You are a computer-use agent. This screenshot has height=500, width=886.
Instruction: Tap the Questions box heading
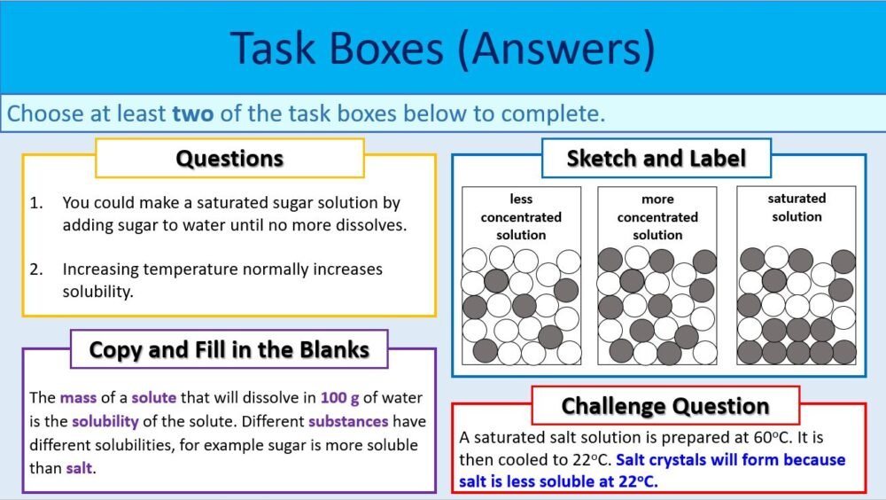[229, 159]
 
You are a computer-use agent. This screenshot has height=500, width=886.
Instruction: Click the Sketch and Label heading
[657, 159]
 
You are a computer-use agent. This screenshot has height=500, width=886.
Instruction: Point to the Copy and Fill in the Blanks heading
[229, 349]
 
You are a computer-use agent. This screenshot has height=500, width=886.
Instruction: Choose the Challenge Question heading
[665, 406]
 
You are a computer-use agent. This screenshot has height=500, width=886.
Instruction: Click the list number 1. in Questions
[35, 203]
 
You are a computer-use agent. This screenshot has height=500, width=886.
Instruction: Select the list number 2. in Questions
[35, 269]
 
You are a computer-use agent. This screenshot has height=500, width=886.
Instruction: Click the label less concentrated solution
[521, 217]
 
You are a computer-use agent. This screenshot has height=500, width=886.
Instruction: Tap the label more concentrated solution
[657, 217]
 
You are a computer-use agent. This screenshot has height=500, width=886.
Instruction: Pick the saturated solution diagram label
[797, 207]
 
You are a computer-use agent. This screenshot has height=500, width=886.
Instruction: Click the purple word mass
[77, 398]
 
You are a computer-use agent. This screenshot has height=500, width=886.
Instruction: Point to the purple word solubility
[105, 421]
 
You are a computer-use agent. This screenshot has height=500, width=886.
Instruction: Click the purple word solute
[155, 398]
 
